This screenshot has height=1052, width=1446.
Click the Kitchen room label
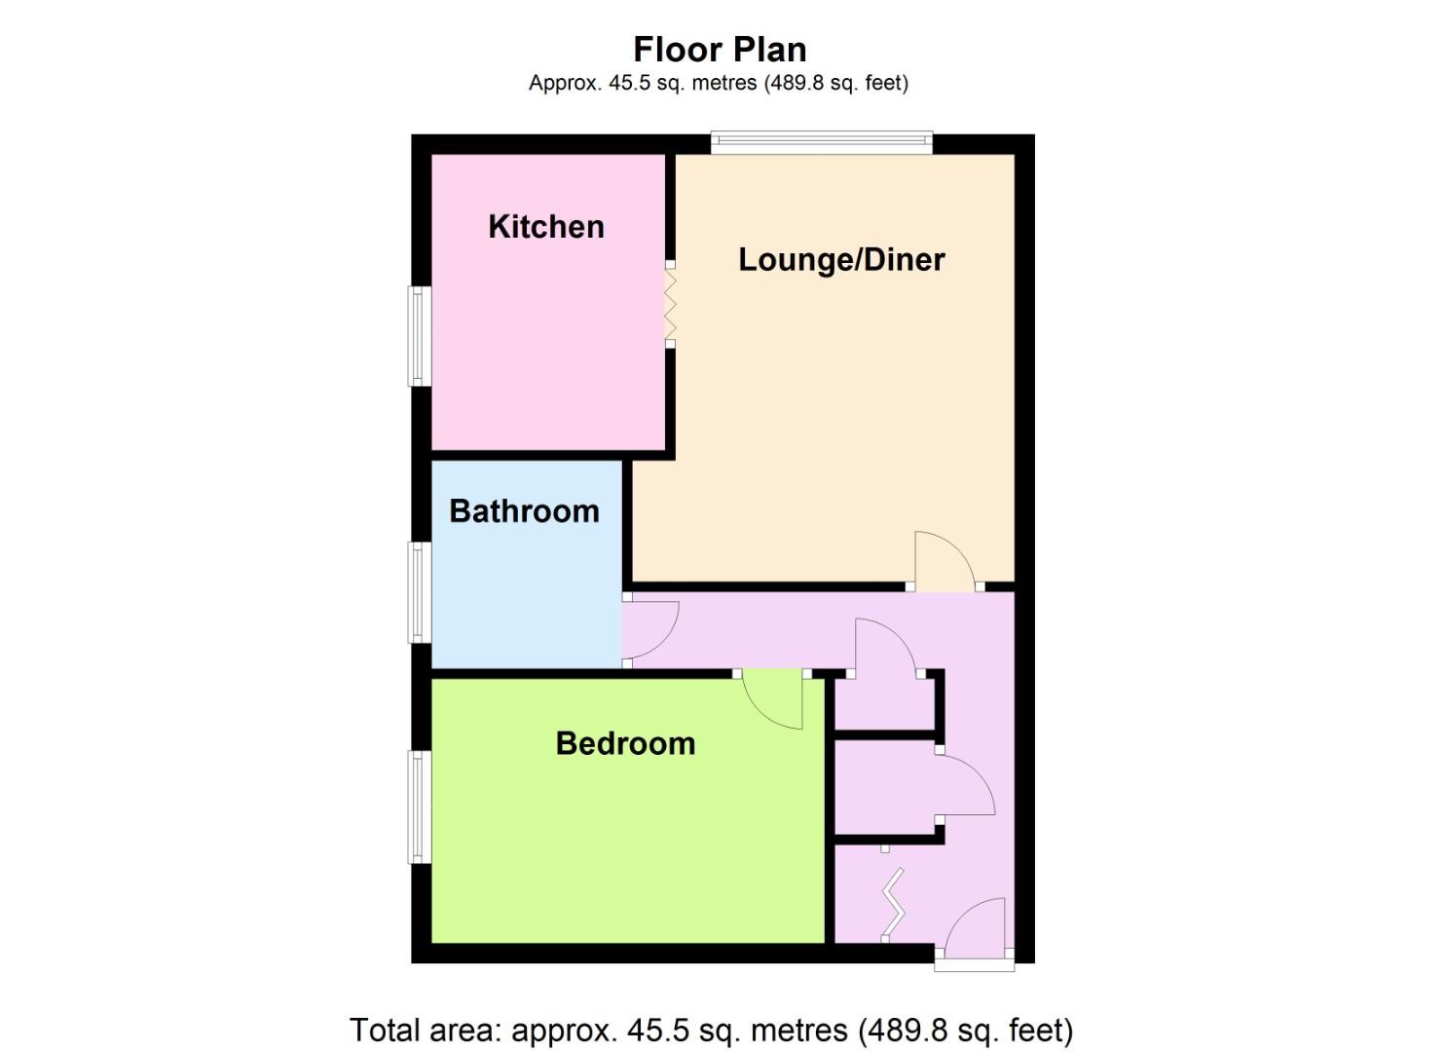(x=545, y=226)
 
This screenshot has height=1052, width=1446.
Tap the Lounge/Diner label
(x=841, y=259)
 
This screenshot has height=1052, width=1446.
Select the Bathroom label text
(x=524, y=510)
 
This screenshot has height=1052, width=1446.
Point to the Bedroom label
(x=625, y=743)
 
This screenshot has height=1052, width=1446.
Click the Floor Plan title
(x=720, y=49)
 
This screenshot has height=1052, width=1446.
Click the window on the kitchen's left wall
(x=420, y=335)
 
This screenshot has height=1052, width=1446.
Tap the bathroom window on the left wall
(x=420, y=592)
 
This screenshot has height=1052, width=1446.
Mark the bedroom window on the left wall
(x=420, y=807)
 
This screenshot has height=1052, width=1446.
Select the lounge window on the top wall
(x=821, y=143)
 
